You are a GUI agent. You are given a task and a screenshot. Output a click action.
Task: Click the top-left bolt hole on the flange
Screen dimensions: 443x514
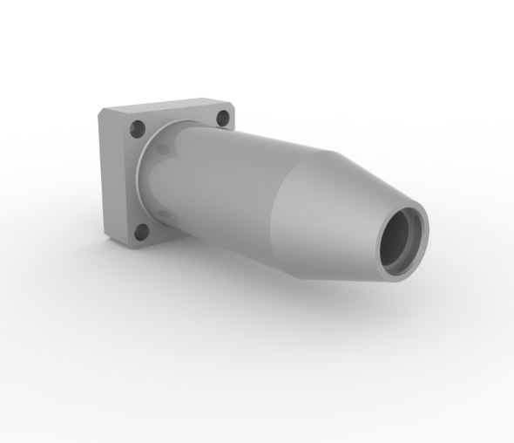pos(137,129)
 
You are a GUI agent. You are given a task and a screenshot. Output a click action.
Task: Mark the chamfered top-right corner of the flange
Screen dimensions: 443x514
pos(229,103)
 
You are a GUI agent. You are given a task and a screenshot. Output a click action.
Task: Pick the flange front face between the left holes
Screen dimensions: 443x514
pos(131,179)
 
